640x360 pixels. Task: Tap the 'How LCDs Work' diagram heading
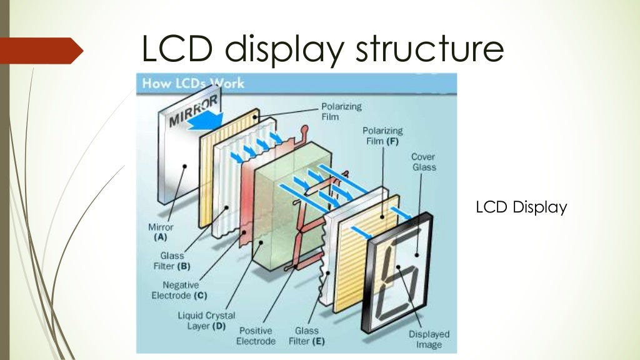(194, 83)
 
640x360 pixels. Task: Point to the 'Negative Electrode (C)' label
(180, 290)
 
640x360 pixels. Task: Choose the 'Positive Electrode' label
(256, 336)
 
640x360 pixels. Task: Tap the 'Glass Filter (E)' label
(304, 336)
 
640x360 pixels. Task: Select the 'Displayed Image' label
(429, 339)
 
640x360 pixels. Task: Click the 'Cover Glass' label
(423, 162)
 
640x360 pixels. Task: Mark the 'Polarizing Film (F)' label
(382, 136)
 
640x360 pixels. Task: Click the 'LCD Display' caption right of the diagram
(521, 207)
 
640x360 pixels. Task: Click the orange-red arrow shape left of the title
(41, 51)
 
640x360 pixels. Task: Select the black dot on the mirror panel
(185, 166)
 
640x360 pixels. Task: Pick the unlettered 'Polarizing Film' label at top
(341, 111)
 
